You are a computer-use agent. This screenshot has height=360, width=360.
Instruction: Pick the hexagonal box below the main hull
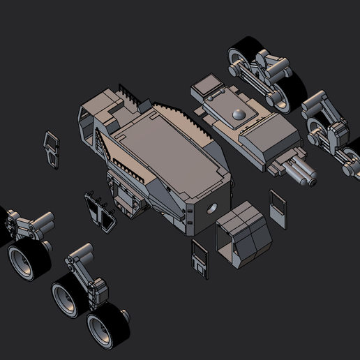[243, 235]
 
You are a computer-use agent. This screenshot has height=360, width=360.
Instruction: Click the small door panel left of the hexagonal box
[199, 258]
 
